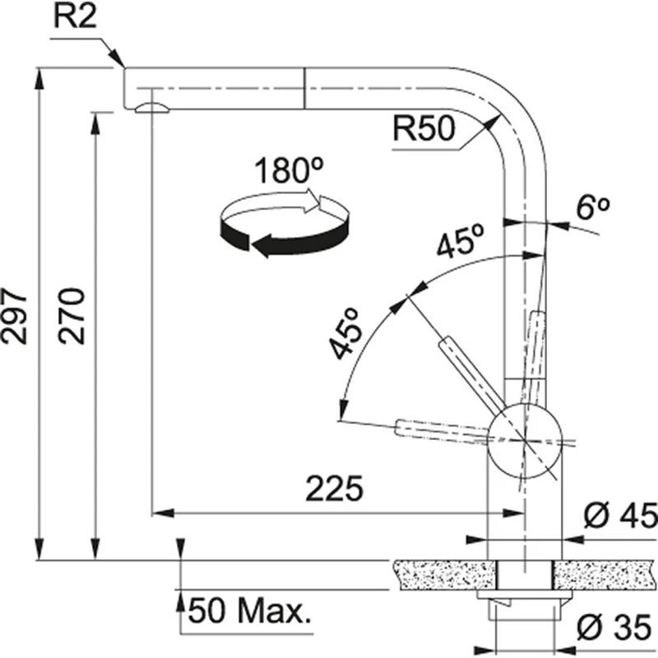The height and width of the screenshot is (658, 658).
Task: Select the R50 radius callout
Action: [423, 129]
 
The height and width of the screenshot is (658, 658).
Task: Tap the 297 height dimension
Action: [16, 316]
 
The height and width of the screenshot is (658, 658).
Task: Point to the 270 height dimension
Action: [73, 316]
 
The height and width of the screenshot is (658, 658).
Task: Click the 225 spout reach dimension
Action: [334, 490]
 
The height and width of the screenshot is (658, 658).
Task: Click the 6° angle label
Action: [591, 208]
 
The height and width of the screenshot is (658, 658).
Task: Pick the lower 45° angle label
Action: [346, 333]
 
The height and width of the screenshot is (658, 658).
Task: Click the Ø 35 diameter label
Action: [617, 629]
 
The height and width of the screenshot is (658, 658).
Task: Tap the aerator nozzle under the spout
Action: [152, 107]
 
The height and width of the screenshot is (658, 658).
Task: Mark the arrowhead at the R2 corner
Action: [118, 61]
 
